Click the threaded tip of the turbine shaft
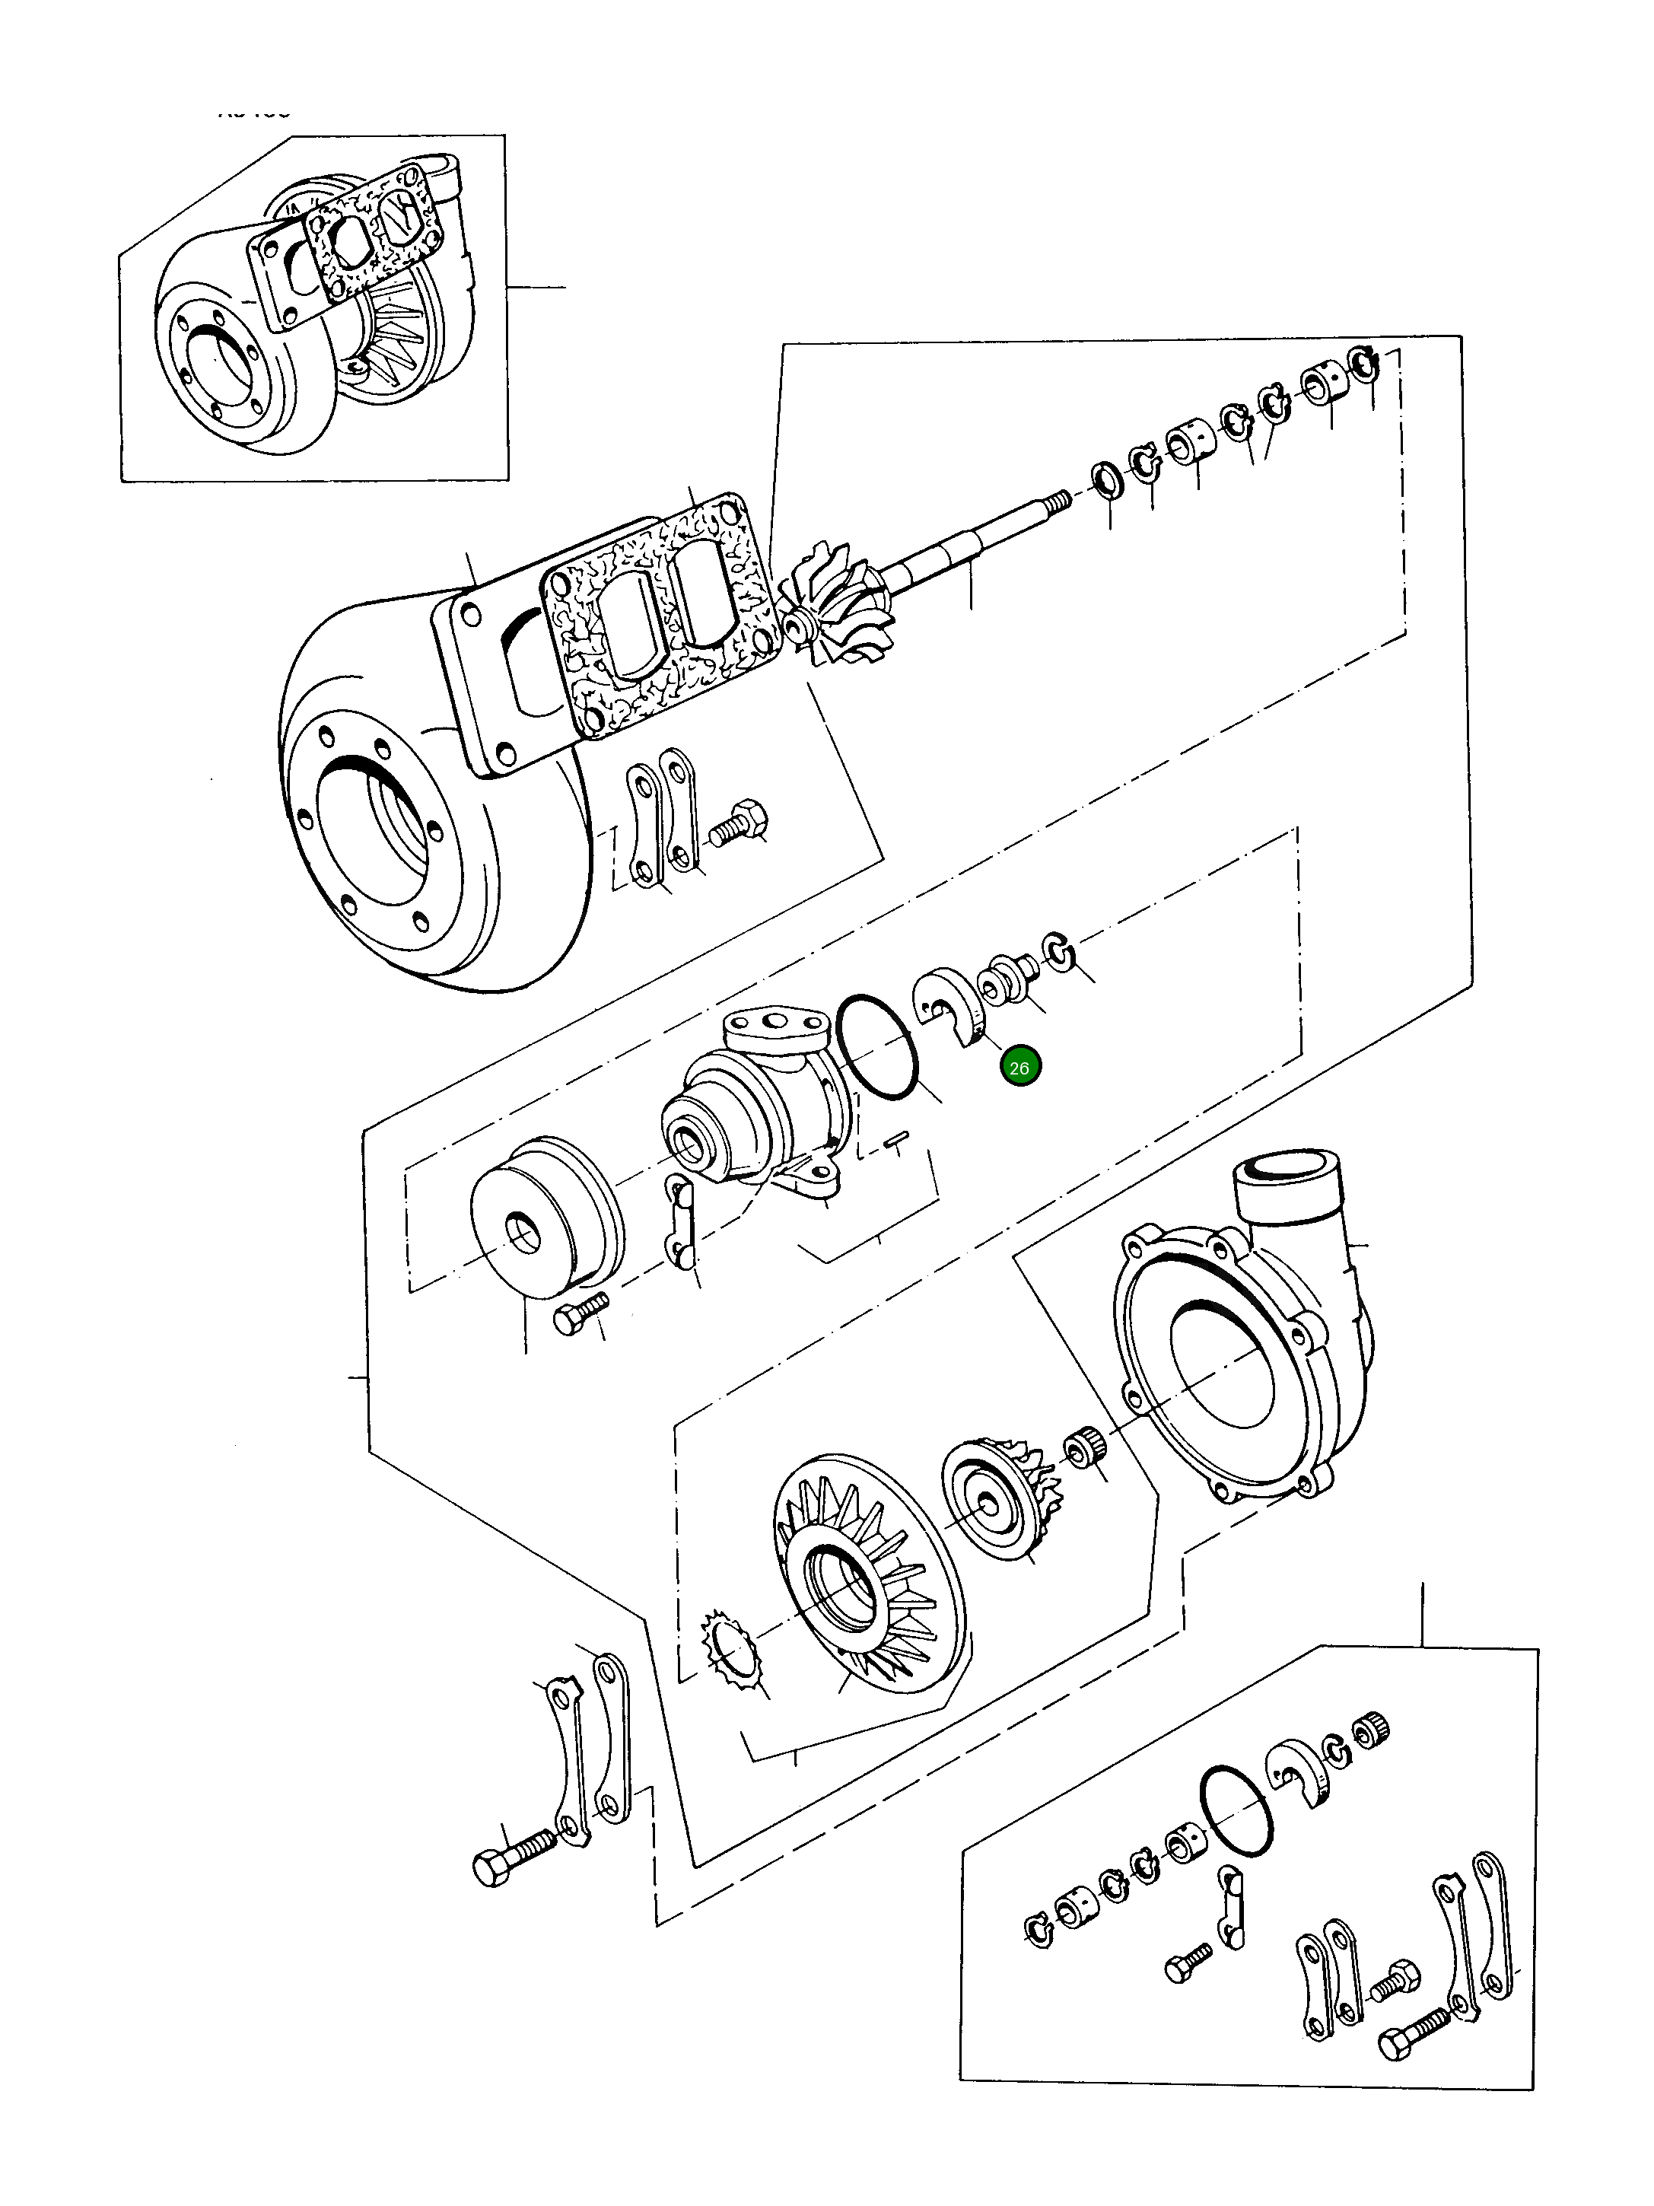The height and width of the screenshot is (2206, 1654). (1059, 498)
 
